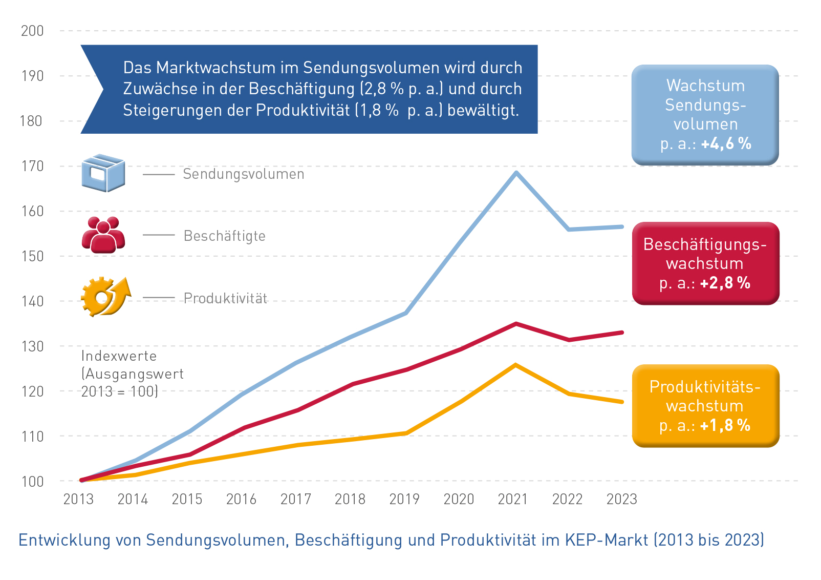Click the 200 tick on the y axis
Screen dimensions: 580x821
click(32, 31)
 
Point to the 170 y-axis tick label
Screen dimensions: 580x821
click(32, 166)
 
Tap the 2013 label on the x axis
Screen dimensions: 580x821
click(78, 499)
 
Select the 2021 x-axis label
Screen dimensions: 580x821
click(513, 499)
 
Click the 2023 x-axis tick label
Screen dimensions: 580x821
click(621, 499)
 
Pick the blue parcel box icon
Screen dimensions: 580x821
click(103, 173)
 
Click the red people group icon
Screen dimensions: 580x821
click(103, 235)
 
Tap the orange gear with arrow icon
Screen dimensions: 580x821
click(105, 297)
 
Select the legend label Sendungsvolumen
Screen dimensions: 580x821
click(244, 174)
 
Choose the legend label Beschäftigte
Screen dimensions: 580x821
click(225, 236)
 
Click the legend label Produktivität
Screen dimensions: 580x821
click(226, 298)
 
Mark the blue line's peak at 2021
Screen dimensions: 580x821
click(516, 172)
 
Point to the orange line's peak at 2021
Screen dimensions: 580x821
click(515, 365)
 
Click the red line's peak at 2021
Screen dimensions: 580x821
click(515, 324)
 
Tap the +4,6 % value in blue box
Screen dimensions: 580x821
click(726, 144)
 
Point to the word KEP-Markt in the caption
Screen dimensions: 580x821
click(607, 540)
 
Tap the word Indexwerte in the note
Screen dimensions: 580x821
click(119, 356)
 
